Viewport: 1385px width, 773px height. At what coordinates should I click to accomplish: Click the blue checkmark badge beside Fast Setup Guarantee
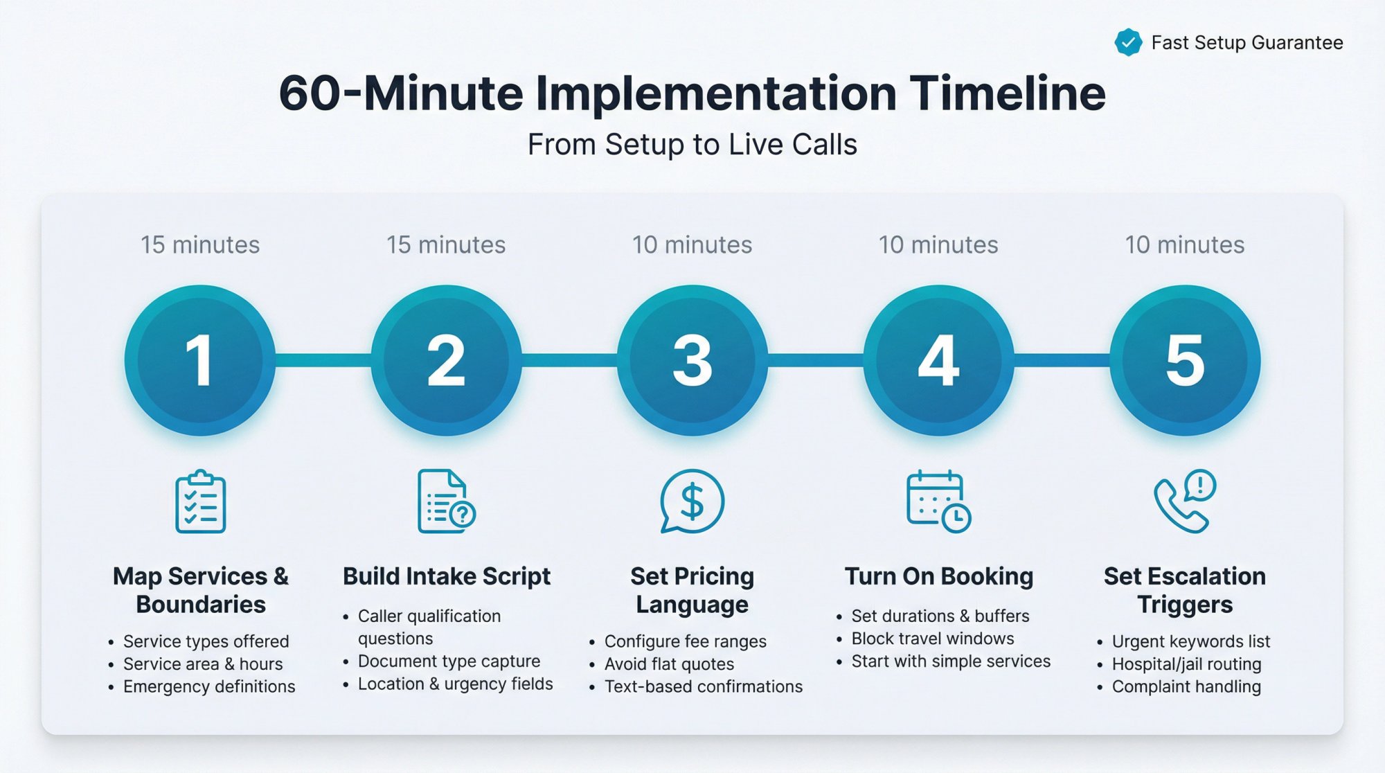point(1128,43)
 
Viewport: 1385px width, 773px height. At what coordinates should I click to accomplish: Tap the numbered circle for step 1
point(200,360)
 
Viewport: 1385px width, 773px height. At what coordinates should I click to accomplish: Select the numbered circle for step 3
point(692,360)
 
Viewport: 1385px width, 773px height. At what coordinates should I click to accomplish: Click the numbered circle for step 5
point(1185,360)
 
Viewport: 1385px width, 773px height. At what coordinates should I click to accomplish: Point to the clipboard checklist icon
point(201,501)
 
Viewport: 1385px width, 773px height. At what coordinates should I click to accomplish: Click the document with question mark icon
point(446,501)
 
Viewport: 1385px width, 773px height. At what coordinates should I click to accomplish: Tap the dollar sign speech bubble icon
point(692,501)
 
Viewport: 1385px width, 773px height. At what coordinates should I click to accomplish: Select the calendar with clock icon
point(938,501)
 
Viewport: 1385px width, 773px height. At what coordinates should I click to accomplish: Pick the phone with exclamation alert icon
point(1185,501)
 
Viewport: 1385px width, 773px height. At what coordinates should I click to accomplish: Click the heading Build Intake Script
point(447,576)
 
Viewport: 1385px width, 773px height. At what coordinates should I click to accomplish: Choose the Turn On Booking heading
point(938,576)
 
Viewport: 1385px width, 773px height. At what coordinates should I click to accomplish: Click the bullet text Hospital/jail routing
point(1186,664)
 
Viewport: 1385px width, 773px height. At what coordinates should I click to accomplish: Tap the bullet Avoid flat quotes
point(669,664)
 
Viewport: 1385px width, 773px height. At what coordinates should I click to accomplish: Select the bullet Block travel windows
point(932,639)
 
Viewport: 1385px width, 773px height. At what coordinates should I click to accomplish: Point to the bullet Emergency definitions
point(209,686)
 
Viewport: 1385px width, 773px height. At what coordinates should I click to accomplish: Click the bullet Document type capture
point(449,661)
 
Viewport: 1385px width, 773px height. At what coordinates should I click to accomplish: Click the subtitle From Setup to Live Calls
point(692,145)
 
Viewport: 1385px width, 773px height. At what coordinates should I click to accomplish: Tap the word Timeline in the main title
point(1008,94)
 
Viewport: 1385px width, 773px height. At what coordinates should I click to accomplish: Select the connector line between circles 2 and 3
point(569,360)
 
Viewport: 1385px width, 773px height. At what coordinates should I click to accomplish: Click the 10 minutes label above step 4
point(938,245)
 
